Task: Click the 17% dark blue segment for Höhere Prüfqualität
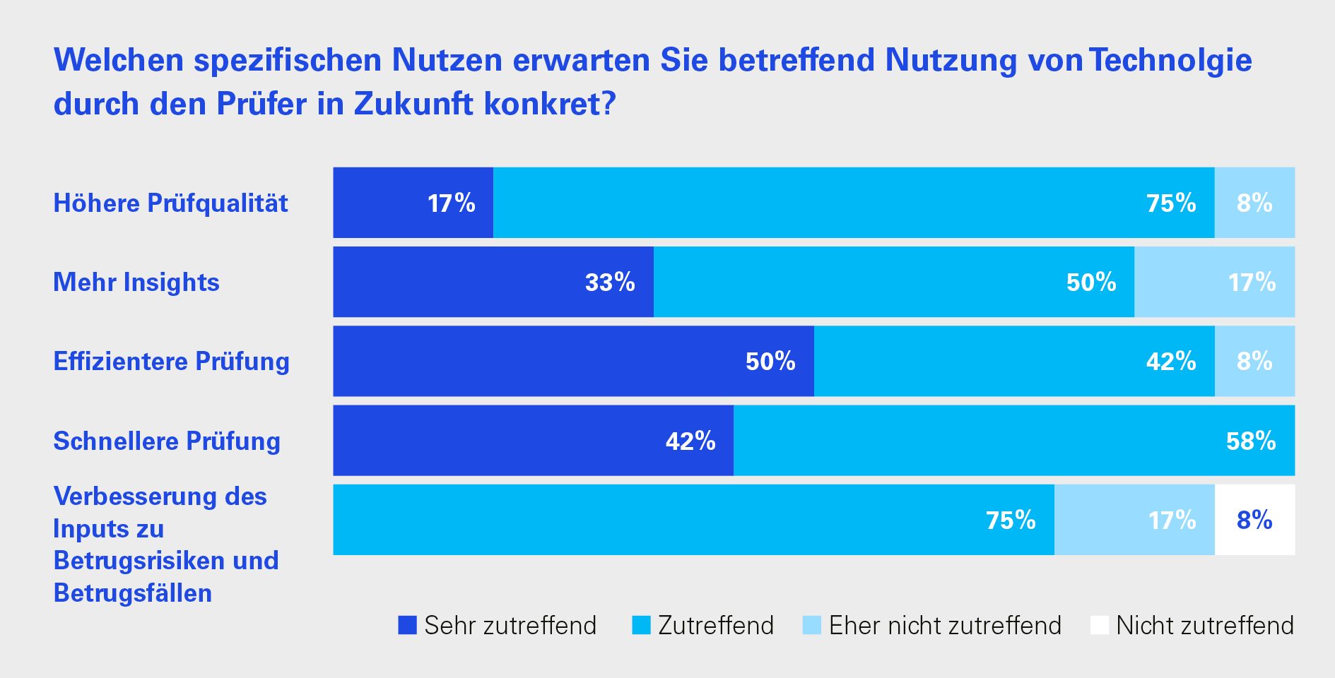413,203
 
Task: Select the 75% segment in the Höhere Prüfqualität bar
854,203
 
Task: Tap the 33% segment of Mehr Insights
493,282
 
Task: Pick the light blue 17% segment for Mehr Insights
1214,282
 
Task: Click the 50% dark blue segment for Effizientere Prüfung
573,361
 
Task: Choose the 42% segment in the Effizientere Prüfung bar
1014,361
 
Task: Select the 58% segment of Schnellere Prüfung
1014,441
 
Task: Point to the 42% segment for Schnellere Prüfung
533,441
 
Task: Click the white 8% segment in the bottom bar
1254,520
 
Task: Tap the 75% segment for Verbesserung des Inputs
693,520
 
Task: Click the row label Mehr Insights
136,282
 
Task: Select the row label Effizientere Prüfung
172,361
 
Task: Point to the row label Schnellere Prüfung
167,441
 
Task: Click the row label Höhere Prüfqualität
170,203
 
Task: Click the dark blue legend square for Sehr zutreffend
408,625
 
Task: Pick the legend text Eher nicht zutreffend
945,625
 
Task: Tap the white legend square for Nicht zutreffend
1100,625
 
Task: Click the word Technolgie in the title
1170,60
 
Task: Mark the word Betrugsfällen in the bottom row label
133,593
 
